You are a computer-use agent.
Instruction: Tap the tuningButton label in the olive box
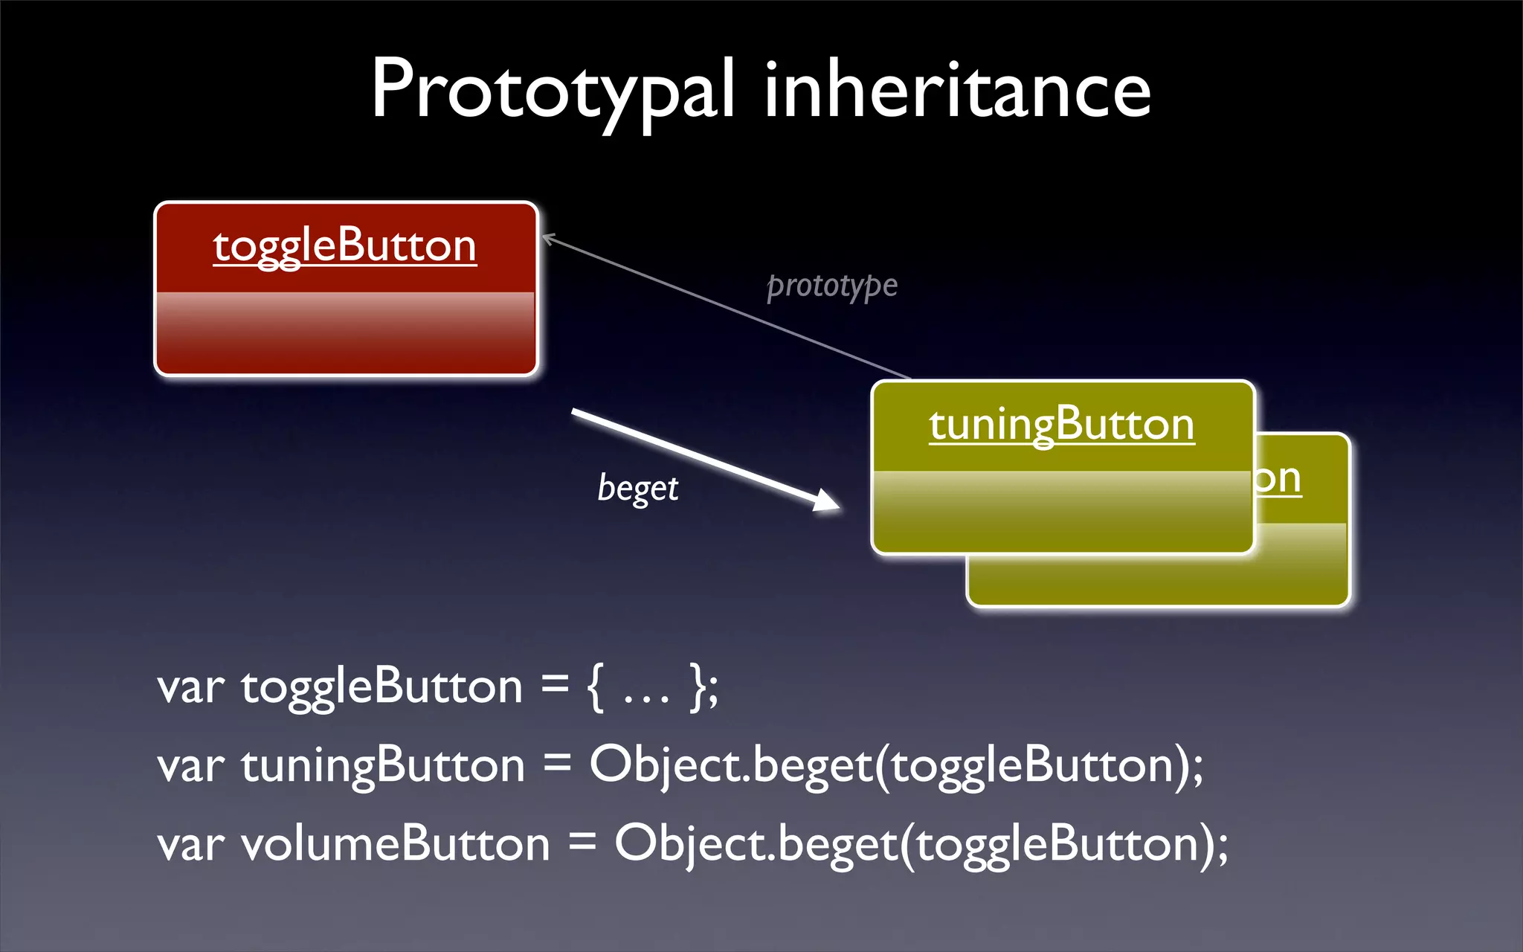(x=1061, y=425)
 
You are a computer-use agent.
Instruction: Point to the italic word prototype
(x=831, y=286)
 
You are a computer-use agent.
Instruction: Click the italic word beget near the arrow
(x=637, y=489)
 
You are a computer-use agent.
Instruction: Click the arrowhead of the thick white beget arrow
(x=827, y=501)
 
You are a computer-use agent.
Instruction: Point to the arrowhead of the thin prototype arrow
(x=549, y=239)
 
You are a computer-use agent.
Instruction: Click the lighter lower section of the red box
(x=344, y=332)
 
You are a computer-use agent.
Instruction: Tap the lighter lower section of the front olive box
(x=1061, y=512)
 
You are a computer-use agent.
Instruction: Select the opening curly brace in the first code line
(x=595, y=687)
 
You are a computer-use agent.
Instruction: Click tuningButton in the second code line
(x=383, y=766)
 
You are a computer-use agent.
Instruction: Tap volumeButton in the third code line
(x=395, y=845)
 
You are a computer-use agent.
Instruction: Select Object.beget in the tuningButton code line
(x=730, y=766)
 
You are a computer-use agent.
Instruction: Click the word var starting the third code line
(x=190, y=846)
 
